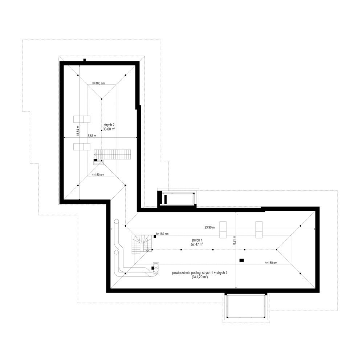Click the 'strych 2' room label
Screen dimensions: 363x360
[109, 125]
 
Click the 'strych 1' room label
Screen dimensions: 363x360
[197, 240]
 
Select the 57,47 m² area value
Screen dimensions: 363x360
[197, 244]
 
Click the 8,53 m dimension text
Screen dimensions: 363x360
[92, 136]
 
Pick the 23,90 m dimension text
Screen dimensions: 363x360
[209, 227]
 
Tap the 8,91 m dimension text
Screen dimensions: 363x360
[234, 240]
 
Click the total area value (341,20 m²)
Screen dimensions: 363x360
[200, 277]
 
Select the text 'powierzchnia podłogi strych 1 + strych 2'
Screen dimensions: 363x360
[200, 273]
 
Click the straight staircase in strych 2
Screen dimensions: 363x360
[113, 154]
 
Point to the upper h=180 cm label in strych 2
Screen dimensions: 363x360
[99, 83]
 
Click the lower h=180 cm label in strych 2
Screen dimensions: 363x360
[98, 175]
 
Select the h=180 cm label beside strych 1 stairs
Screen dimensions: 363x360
[162, 234]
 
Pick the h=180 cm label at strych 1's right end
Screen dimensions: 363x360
[271, 263]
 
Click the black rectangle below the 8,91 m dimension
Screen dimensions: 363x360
[242, 260]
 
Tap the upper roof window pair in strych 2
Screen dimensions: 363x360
[82, 119]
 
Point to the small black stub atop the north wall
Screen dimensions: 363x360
[85, 60]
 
